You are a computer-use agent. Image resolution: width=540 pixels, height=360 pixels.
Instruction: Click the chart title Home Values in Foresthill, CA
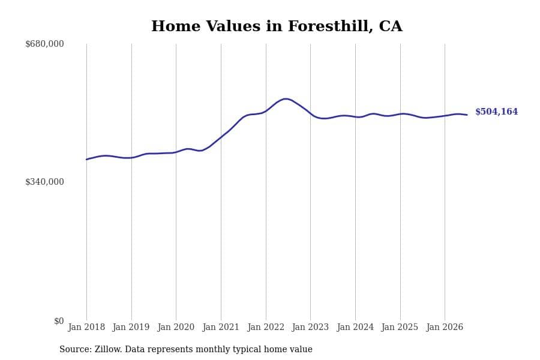tap(277, 26)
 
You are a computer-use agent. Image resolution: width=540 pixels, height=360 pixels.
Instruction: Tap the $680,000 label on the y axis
tap(44, 44)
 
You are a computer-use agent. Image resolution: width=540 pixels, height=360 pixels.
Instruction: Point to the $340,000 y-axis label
tap(44, 182)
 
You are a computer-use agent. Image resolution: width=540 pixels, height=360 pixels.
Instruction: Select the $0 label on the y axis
tap(59, 321)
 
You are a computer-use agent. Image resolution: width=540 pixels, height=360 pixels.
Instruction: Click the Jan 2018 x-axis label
tap(86, 327)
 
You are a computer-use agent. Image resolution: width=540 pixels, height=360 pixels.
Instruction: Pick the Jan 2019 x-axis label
tap(131, 327)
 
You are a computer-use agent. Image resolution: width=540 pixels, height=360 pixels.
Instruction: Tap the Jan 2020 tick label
tap(176, 327)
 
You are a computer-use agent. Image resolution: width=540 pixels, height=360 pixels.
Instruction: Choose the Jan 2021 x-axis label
tap(221, 327)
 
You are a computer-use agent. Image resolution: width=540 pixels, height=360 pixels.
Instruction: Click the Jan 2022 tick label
tap(266, 327)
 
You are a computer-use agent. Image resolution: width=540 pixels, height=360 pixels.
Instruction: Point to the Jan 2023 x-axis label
tap(310, 327)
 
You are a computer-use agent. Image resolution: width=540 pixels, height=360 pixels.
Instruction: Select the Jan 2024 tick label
tap(355, 327)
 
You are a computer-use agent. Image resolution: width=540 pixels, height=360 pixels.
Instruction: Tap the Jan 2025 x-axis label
tap(400, 327)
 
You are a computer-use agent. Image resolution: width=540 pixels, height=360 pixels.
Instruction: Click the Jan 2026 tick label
tap(445, 327)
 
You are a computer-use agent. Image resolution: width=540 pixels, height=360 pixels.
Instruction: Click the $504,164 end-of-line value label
tap(497, 112)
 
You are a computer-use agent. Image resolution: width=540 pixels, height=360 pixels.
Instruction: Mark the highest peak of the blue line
tap(286, 99)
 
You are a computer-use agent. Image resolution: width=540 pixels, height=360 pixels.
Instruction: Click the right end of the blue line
tap(467, 115)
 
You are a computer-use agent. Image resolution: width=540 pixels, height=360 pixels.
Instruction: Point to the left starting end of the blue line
tap(86, 160)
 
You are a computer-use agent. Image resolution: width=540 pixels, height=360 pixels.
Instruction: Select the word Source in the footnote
tap(76, 349)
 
